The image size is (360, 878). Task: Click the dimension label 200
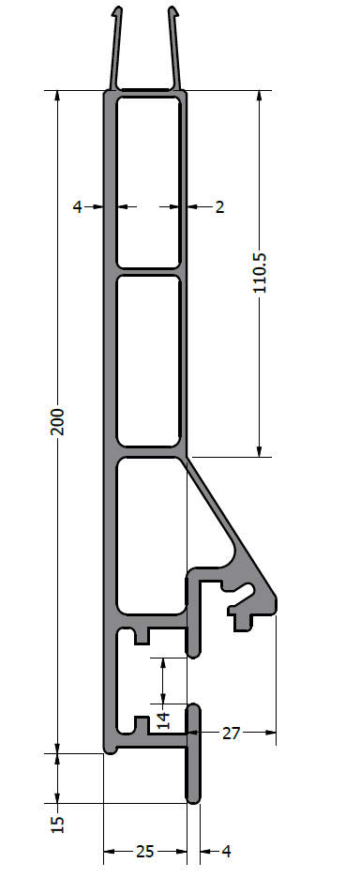pos(58,421)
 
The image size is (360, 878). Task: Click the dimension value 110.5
pos(260,273)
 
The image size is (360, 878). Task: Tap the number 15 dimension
pos(58,824)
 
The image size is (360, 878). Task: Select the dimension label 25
pos(145,852)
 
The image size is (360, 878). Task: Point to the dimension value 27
pos(231,733)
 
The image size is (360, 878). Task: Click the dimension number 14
pos(163,720)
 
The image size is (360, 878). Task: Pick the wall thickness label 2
pos(219,207)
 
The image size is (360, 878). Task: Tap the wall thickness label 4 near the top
pos(77,207)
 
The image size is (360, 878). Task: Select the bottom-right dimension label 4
pos(226,852)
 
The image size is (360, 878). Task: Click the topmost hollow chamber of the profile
pos(148,182)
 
